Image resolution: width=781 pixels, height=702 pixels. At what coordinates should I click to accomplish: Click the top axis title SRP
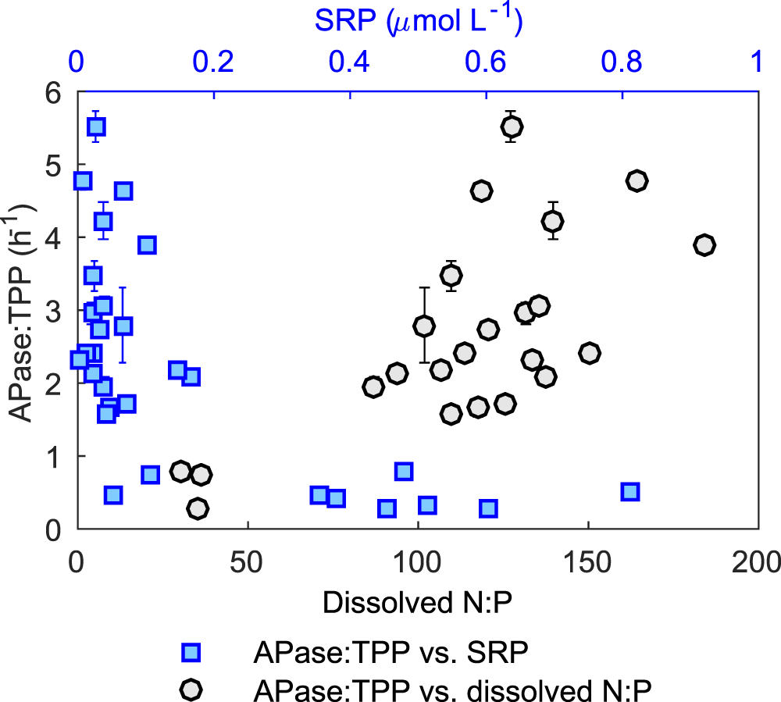419,21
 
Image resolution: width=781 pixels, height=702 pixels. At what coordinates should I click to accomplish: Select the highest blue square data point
96,127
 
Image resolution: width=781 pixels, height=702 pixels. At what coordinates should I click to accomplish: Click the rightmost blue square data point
630,491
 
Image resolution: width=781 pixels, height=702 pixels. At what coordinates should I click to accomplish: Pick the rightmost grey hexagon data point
704,245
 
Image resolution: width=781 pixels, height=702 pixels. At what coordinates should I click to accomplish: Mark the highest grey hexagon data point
512,127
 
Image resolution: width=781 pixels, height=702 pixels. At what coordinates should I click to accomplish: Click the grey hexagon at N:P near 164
637,180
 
